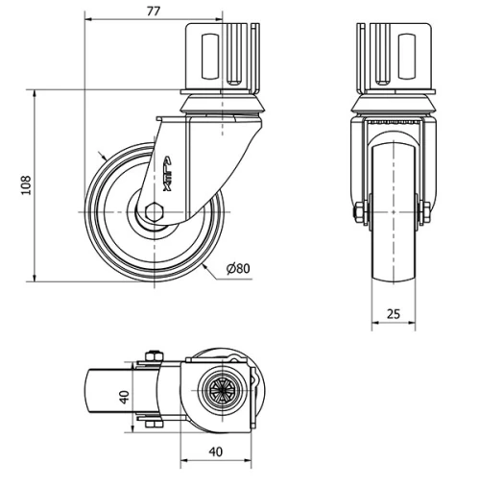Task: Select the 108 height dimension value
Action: point(25,183)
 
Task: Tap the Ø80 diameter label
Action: point(239,268)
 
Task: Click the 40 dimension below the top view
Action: point(216,452)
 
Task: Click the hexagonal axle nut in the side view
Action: point(154,211)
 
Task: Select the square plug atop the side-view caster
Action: point(222,56)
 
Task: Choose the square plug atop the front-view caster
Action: point(394,56)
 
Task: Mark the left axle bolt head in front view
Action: point(361,212)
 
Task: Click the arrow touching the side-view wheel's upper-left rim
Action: point(104,156)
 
